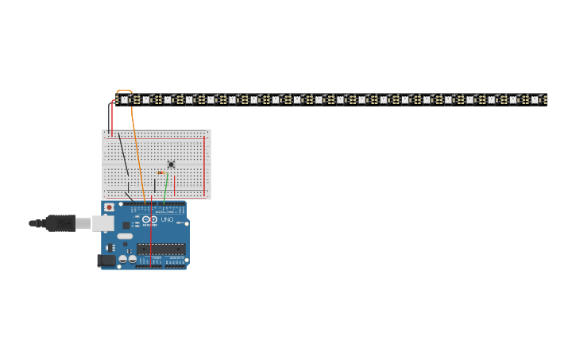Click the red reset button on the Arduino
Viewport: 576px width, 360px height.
pos(110,208)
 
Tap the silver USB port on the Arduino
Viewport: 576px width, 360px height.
pos(102,223)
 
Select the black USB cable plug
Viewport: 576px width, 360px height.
pos(60,223)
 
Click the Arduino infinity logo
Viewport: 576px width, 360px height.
pos(149,219)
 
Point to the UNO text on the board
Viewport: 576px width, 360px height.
pos(167,219)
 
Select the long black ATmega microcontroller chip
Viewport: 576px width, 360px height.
pos(160,249)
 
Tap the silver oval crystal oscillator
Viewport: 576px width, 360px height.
pos(125,236)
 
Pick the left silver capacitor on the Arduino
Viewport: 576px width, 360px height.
pos(123,258)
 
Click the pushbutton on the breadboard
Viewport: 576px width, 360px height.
pos(171,165)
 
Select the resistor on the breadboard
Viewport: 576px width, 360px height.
pos(160,172)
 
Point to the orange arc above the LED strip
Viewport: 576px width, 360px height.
pos(124,91)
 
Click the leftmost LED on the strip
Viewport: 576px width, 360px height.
pos(125,100)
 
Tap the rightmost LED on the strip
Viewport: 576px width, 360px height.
pos(535,100)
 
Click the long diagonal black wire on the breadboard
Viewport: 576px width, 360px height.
pos(123,155)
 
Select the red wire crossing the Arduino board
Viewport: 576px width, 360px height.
pos(151,230)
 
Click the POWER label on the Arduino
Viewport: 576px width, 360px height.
pos(156,257)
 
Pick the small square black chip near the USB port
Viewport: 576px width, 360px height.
pos(126,225)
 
